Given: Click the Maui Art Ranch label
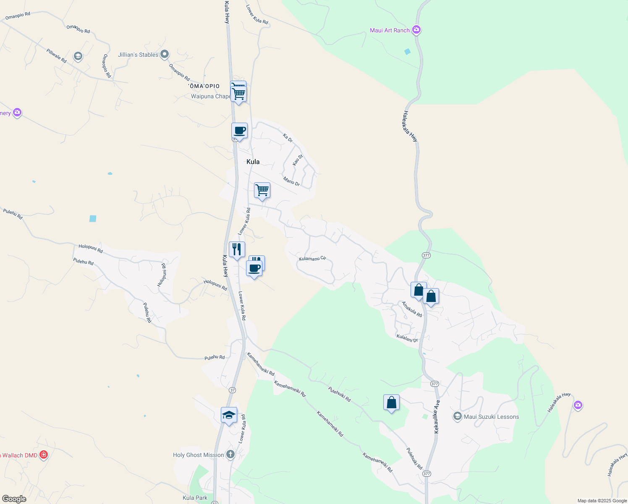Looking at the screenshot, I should click(390, 30).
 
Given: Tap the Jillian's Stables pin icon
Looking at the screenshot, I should click(165, 54).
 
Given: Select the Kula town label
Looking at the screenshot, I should click(253, 162).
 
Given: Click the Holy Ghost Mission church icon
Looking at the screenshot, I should click(230, 454).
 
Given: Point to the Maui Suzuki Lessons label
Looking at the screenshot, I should click(491, 417).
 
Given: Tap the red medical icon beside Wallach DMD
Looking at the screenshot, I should click(43, 454).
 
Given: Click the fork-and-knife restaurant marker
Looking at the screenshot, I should click(237, 249).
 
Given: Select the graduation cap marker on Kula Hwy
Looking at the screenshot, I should click(229, 415).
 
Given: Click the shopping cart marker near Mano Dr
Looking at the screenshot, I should click(262, 190).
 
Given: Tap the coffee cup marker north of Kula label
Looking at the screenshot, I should click(240, 131).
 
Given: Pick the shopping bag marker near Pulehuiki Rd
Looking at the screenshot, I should click(391, 402).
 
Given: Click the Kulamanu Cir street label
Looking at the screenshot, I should click(312, 259).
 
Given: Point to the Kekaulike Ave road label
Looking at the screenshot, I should click(437, 417).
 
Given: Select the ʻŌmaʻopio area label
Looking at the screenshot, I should click(204, 86).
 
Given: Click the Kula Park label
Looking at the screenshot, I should click(195, 498).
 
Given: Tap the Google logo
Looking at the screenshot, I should click(14, 499).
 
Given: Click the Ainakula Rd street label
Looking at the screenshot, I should click(412, 309).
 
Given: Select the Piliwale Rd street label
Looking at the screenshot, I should click(57, 56).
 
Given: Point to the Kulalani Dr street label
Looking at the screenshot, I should click(407, 338).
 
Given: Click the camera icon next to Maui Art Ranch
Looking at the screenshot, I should click(416, 29).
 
